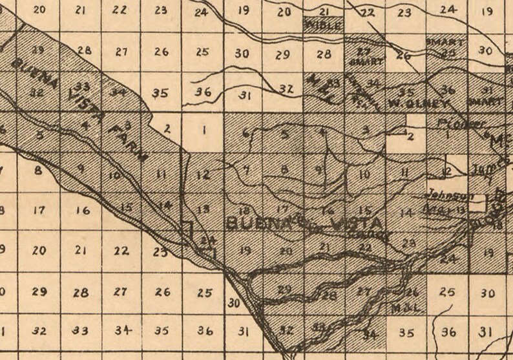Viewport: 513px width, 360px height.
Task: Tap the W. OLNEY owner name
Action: (410, 103)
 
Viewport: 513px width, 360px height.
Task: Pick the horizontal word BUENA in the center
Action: (255, 224)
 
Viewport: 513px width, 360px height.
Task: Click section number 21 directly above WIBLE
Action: (324, 12)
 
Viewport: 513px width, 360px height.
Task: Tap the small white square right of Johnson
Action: (477, 204)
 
